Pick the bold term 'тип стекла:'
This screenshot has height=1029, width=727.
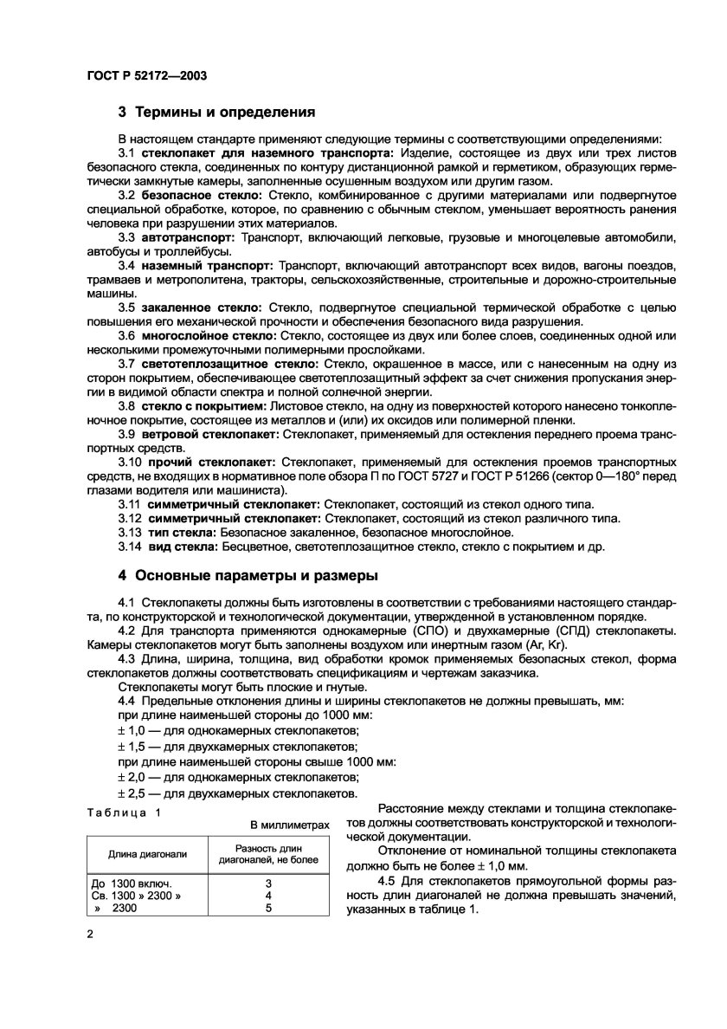(x=182, y=532)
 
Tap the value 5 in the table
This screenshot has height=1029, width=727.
(x=268, y=908)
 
